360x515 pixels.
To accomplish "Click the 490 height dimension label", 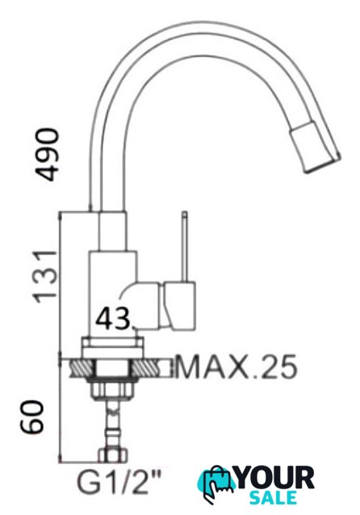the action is [48, 154].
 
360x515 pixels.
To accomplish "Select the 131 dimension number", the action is [46, 276].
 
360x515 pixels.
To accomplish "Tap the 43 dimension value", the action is [113, 318].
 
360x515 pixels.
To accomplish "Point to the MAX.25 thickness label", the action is [237, 366].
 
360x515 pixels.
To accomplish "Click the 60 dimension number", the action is [31, 417].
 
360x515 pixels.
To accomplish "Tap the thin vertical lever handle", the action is [185, 246].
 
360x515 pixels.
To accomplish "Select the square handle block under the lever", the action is [180, 305].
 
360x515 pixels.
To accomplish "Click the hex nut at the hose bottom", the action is [113, 455].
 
